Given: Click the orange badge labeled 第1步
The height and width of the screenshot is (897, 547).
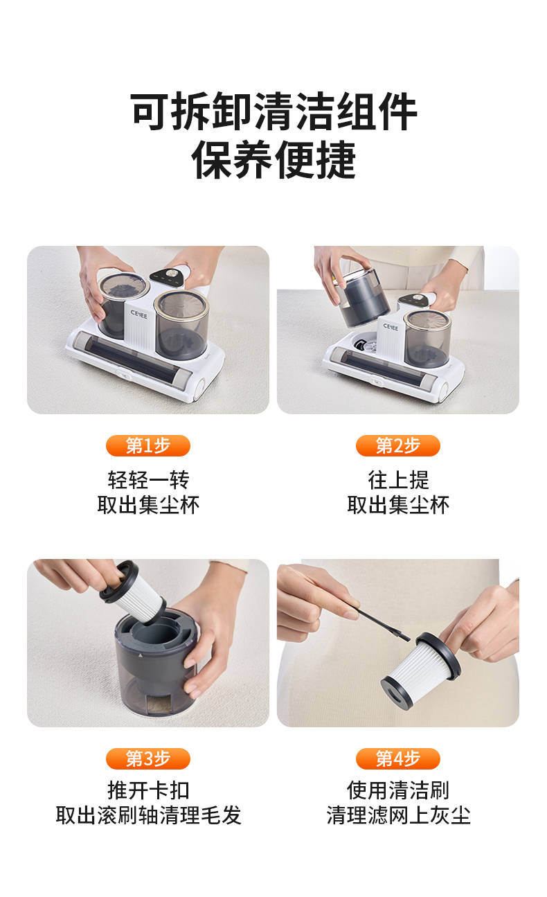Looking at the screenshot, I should pyautogui.click(x=147, y=445).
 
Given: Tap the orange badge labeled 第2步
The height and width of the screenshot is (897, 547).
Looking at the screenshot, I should pyautogui.click(x=397, y=445).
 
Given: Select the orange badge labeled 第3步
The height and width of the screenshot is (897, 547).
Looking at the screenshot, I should pyautogui.click(x=147, y=758).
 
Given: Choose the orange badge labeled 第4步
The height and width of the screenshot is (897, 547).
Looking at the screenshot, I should pyautogui.click(x=397, y=758).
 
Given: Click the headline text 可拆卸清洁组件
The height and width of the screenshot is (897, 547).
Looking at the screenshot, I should pyautogui.click(x=273, y=112).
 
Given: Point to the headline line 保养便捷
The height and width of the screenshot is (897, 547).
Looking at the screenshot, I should pyautogui.click(x=273, y=160).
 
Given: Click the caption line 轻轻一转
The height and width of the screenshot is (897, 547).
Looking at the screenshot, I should pyautogui.click(x=147, y=479).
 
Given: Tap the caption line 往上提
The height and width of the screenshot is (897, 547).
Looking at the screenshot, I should pyautogui.click(x=397, y=479).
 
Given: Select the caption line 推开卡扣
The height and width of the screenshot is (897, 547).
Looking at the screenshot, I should pyautogui.click(x=147, y=790).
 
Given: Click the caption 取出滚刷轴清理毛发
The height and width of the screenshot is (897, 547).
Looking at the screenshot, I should pyautogui.click(x=147, y=815).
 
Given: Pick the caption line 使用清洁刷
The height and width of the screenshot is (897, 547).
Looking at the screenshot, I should pyautogui.click(x=397, y=790).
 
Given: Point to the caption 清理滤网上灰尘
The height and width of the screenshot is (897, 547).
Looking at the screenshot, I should pyautogui.click(x=397, y=815).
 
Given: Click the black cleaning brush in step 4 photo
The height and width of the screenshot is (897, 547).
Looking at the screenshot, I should pyautogui.click(x=377, y=621).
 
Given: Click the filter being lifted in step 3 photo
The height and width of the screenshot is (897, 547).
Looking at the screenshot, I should pyautogui.click(x=134, y=592).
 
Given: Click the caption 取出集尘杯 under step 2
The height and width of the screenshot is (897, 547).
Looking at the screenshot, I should pyautogui.click(x=397, y=504).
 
